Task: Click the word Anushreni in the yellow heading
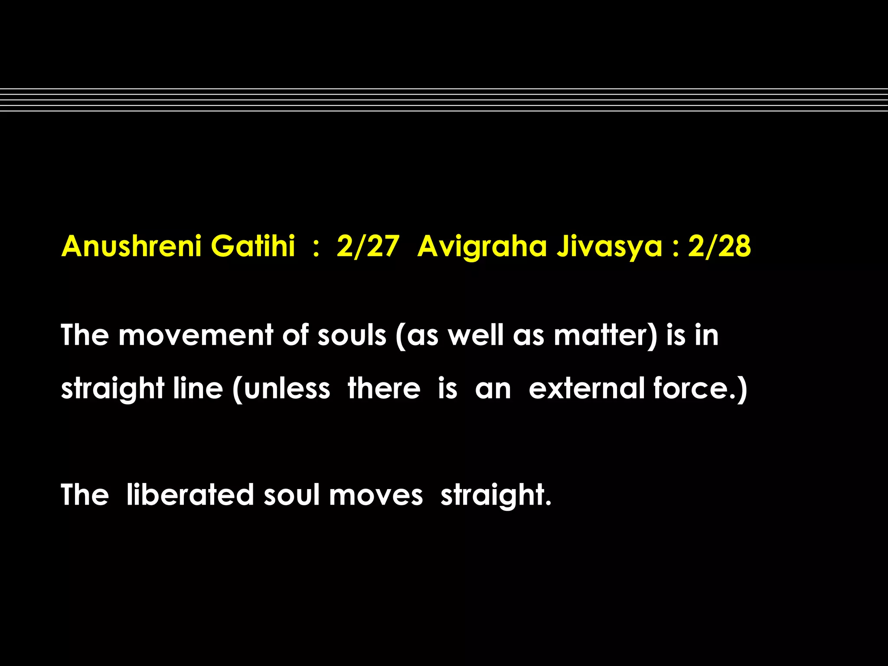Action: (x=131, y=246)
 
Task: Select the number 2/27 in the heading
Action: (x=367, y=246)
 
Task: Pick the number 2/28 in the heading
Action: (x=719, y=246)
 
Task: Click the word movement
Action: (x=196, y=335)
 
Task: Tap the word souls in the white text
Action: (x=352, y=335)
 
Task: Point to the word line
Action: (x=198, y=388)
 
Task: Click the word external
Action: (x=587, y=388)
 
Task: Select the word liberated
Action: (x=190, y=495)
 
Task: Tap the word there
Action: (x=384, y=388)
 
